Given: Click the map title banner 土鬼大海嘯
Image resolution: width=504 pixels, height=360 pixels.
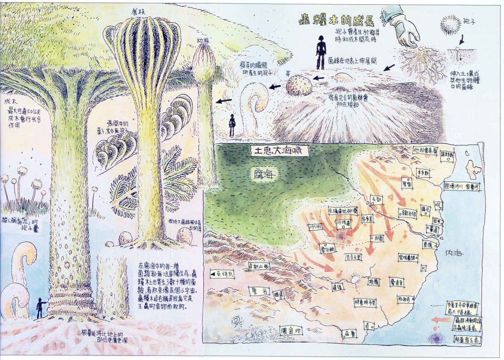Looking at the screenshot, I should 280,151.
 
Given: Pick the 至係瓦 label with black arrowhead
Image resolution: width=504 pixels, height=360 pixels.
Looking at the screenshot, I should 221,274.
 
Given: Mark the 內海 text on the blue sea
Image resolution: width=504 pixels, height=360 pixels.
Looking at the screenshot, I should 454,253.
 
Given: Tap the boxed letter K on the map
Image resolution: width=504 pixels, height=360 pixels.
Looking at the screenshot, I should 424,268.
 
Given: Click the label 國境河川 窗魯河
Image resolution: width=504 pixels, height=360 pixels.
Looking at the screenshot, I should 462,187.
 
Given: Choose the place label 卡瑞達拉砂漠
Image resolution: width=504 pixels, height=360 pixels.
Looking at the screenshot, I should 343,211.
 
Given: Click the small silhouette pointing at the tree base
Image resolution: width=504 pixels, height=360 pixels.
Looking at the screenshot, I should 40,307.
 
